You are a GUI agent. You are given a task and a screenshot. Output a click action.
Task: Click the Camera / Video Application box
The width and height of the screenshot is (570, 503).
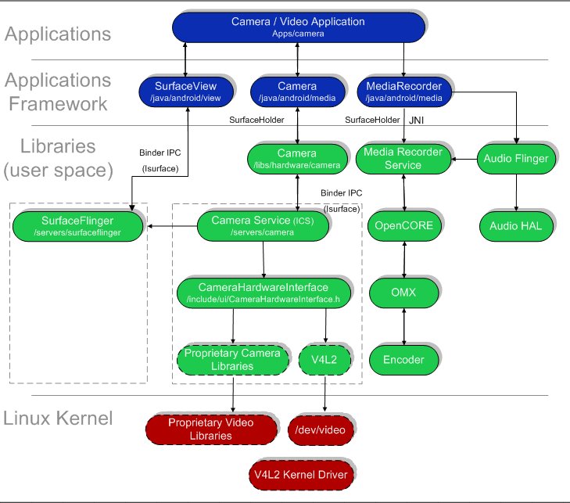pyautogui.click(x=298, y=27)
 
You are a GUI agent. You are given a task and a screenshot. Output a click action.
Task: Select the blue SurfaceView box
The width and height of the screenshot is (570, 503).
pyautogui.click(x=185, y=92)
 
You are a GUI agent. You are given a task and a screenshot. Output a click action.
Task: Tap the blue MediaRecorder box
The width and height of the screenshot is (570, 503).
pyautogui.click(x=403, y=92)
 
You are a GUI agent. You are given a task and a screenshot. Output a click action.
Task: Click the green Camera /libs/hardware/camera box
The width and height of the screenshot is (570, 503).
pyautogui.click(x=296, y=158)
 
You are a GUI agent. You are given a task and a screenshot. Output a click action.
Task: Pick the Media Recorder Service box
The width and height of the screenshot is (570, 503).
pyautogui.click(x=403, y=159)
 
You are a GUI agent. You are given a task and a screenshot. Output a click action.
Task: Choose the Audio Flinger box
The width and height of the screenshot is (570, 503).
pyautogui.click(x=515, y=159)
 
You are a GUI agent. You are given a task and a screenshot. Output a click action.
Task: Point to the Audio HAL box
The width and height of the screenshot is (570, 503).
pyautogui.click(x=515, y=225)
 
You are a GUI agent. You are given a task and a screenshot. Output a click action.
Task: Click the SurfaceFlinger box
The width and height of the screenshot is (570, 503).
pyautogui.click(x=77, y=225)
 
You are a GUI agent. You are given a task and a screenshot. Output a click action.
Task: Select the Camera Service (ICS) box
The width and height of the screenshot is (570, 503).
pyautogui.click(x=263, y=225)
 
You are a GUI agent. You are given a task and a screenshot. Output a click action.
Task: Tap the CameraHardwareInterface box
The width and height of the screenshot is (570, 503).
pyautogui.click(x=263, y=293)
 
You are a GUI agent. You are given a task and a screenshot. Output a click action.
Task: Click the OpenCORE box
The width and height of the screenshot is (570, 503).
pyautogui.click(x=403, y=225)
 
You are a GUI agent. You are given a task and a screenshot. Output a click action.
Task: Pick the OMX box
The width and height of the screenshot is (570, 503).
pyautogui.click(x=403, y=293)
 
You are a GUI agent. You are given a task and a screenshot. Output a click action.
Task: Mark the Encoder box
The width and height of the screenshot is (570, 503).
pyautogui.click(x=403, y=359)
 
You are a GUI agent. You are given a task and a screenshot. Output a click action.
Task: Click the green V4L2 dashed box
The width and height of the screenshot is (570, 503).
pyautogui.click(x=324, y=359)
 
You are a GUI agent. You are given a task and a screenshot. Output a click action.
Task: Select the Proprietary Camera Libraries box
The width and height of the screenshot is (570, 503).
pyautogui.click(x=231, y=359)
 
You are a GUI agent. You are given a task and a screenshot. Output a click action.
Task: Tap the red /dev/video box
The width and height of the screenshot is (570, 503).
pyautogui.click(x=321, y=429)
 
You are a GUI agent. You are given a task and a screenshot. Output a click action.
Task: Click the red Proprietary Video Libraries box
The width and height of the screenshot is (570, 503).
pyautogui.click(x=211, y=429)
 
